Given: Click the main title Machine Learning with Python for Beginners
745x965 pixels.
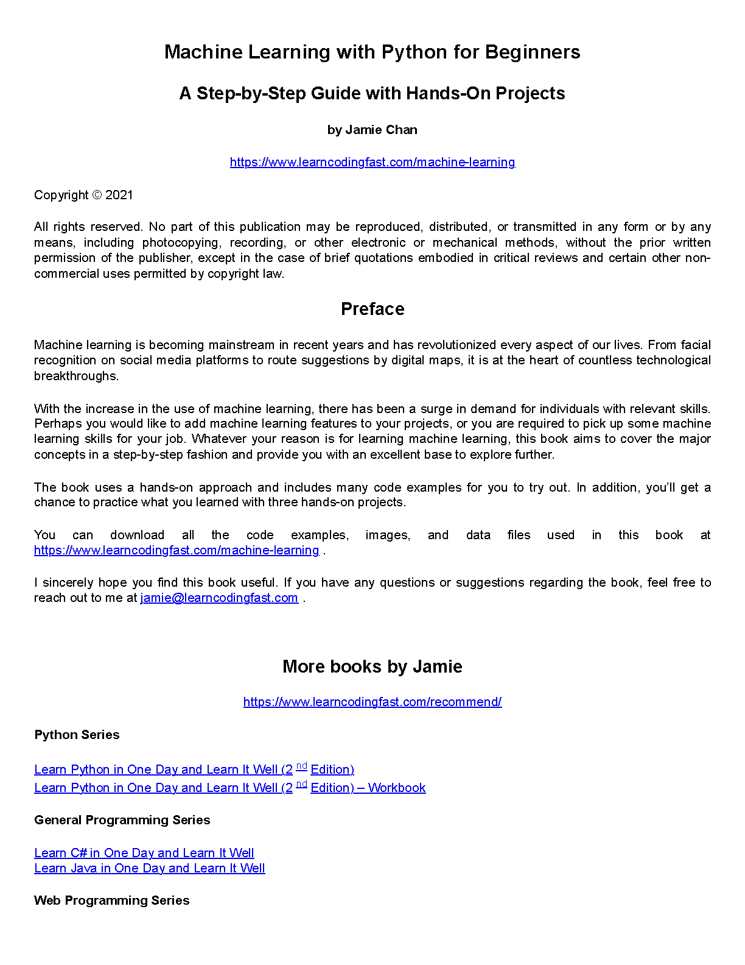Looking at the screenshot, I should pos(372,52).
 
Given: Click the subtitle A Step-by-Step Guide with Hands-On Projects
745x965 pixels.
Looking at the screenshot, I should pos(372,93).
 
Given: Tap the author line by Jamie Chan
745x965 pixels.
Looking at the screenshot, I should pos(372,130).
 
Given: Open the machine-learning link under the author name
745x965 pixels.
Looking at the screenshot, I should pos(372,162).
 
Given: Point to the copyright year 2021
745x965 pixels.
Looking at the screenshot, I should pos(119,195).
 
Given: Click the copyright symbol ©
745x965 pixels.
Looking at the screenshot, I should pos(97,195).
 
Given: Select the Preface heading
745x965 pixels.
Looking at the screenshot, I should pos(372,309).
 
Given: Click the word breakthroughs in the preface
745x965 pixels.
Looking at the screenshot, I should pos(76,376).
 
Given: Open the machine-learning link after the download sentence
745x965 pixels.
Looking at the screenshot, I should pos(177,550).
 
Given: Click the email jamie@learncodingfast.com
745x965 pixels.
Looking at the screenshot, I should pos(219,598).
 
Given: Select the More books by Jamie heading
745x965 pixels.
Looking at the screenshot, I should pos(372,666).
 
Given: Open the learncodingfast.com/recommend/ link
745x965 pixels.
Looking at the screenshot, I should pos(372,702).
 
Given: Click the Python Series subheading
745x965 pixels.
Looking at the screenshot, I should pos(77,735).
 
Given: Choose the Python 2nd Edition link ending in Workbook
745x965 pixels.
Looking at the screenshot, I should pos(229,788).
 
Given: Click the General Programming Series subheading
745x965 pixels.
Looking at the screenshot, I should pos(122,820).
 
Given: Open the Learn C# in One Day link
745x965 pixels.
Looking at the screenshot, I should pos(144,853).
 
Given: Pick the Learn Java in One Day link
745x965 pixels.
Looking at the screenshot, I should pos(149,868).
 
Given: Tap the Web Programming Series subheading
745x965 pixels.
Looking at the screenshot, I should pos(111,900).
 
